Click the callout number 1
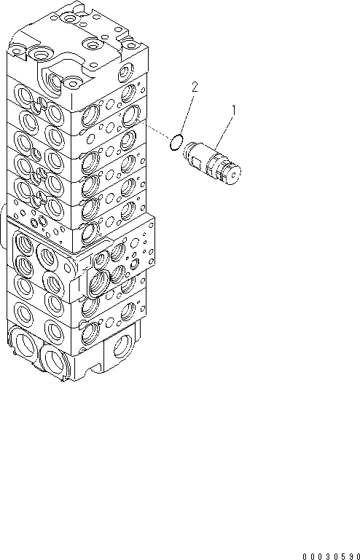coord(234,110)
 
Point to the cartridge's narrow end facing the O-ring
coord(189,149)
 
